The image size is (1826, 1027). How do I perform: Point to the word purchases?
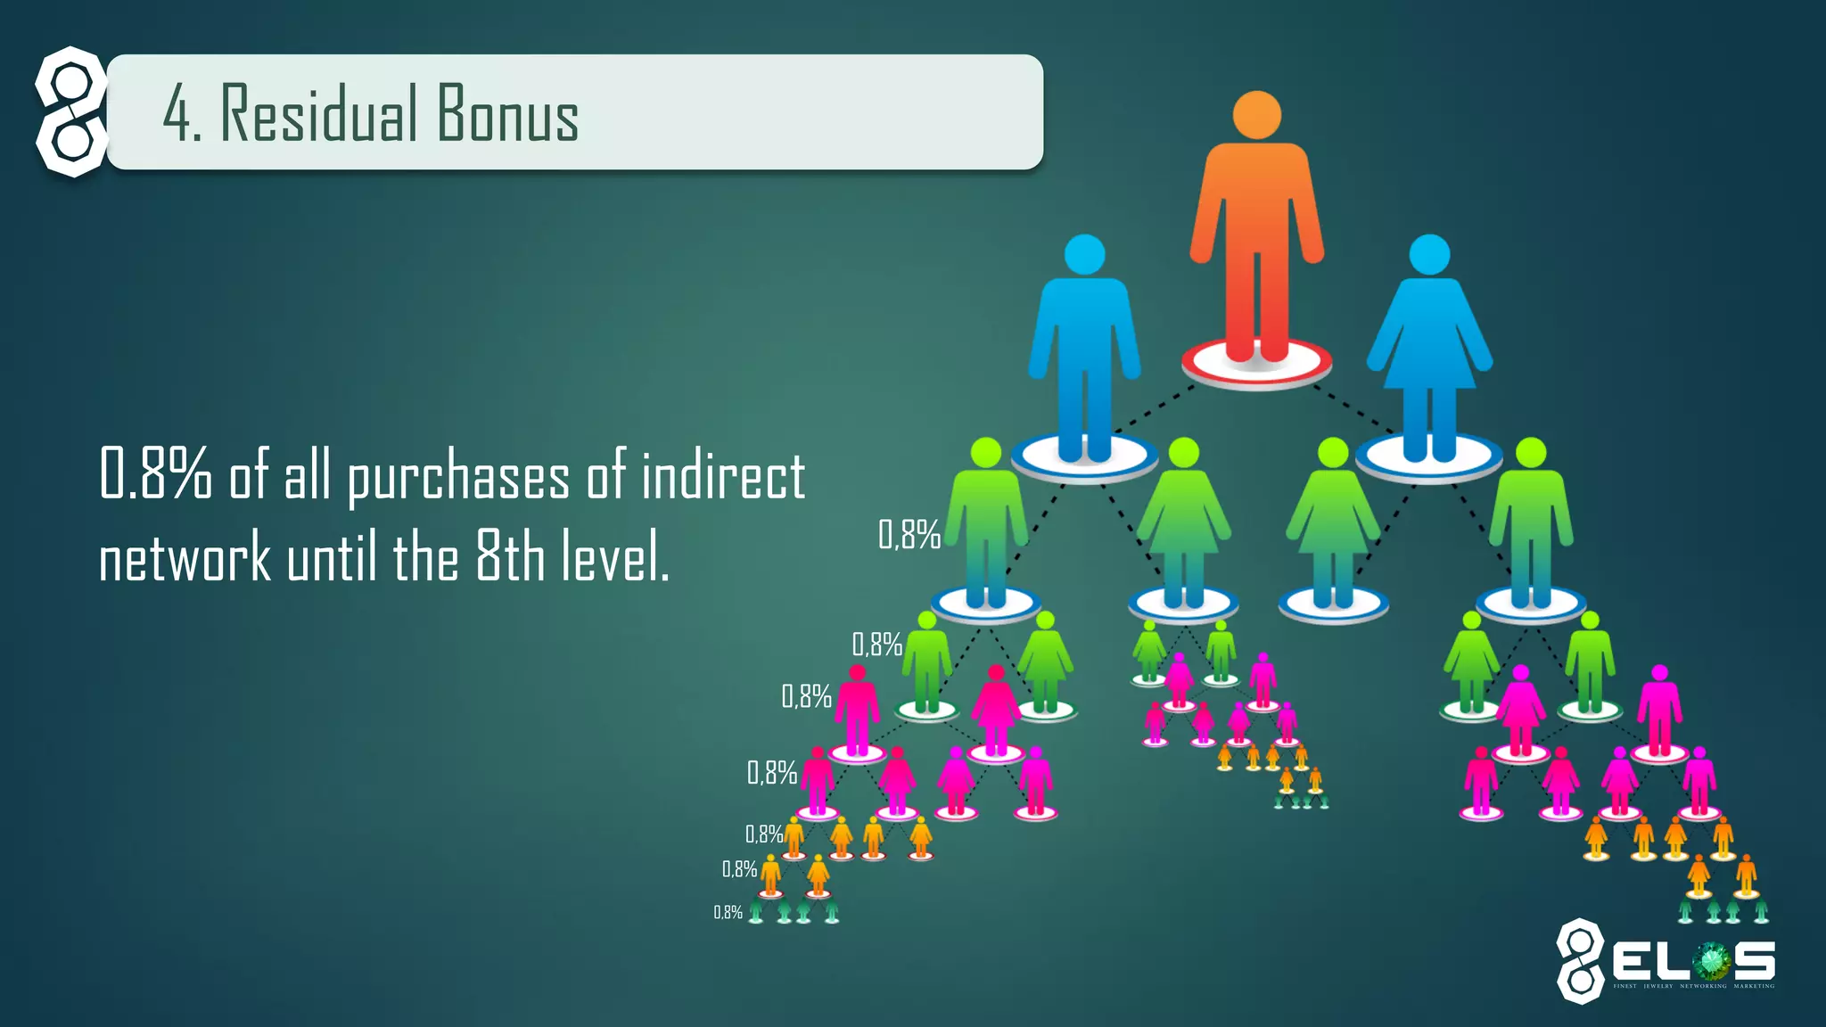pyautogui.click(x=458, y=477)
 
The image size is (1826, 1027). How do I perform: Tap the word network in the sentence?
pyautogui.click(x=185, y=557)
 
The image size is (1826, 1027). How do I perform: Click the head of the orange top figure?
pyautogui.click(x=1256, y=115)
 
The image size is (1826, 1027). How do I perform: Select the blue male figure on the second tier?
pyautogui.click(x=1084, y=348)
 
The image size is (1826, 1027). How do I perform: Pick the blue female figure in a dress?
pyautogui.click(x=1429, y=348)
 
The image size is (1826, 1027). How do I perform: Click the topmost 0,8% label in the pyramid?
pyautogui.click(x=909, y=535)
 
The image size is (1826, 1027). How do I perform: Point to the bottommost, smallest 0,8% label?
pyautogui.click(x=728, y=912)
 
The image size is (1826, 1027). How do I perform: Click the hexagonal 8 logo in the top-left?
pyautogui.click(x=71, y=111)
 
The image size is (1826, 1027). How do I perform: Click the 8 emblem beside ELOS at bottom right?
pyautogui.click(x=1580, y=961)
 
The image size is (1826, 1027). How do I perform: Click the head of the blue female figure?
pyautogui.click(x=1429, y=255)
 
